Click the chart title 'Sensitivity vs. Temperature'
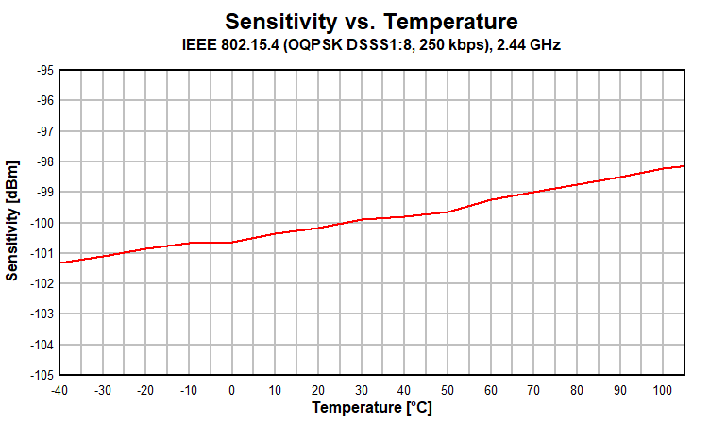pos(371,21)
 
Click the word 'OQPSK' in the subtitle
pos(296,44)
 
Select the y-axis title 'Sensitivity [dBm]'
pos(12,222)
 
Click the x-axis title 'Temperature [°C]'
pos(372,408)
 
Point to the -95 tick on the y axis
pos(42,71)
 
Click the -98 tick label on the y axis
pos(42,162)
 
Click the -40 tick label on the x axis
pos(59,390)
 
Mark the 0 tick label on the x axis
pos(231,390)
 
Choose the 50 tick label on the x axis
pos(447,390)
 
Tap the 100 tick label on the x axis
pos(662,390)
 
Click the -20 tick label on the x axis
pos(145,390)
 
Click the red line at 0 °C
pos(231,243)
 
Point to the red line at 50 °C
pos(447,212)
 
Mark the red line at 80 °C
pos(576,184)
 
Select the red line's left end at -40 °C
pos(60,263)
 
